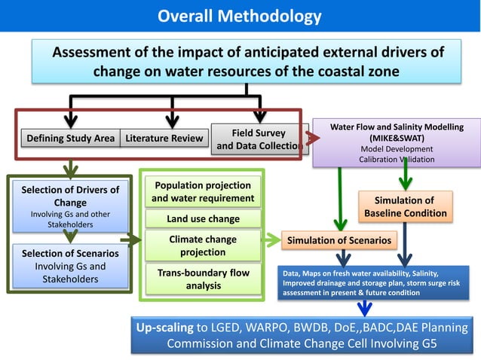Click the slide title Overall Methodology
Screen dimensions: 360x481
240,16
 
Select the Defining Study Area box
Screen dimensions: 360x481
70,138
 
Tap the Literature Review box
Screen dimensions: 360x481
164,138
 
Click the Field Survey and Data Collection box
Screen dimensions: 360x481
259,139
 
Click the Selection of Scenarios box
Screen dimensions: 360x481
70,266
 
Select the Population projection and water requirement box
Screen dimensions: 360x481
203,192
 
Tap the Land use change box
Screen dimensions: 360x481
203,219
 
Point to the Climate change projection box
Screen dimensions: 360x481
203,245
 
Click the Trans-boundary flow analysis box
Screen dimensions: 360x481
203,279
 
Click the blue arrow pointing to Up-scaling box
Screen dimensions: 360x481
365,307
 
